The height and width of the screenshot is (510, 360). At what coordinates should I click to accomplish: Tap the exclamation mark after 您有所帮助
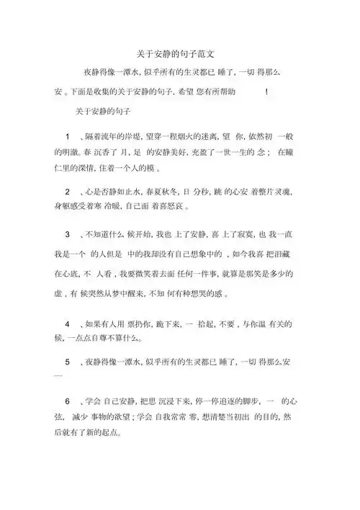266,91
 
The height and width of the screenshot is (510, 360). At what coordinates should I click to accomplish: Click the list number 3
67,236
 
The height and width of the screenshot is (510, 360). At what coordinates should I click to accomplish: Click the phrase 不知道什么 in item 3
104,236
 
